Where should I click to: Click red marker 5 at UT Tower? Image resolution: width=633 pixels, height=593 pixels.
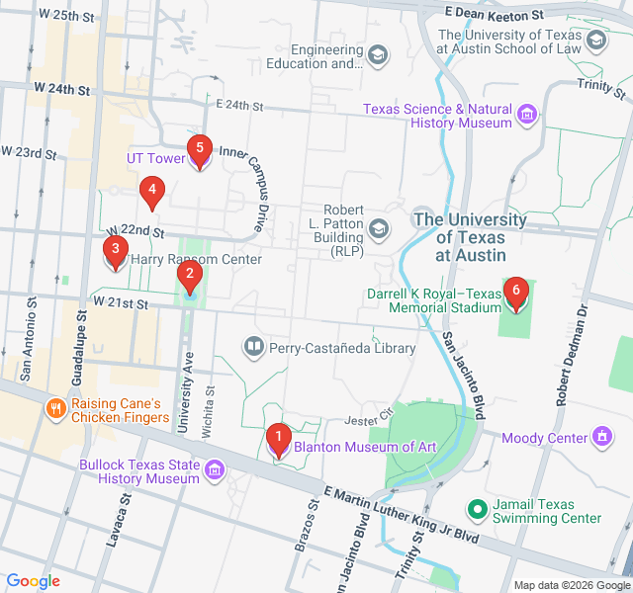coord(200,151)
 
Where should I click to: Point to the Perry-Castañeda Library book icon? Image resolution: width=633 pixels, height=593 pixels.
coord(253,347)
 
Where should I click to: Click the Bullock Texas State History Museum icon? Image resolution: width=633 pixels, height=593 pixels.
coord(214,471)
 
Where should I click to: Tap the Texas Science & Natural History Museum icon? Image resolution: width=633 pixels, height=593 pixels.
coord(527,116)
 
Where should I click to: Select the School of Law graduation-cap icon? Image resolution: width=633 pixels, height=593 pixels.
coord(595,41)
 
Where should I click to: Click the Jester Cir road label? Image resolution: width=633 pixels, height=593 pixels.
coord(372,409)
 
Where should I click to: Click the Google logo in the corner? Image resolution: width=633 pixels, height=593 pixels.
coord(33,581)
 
